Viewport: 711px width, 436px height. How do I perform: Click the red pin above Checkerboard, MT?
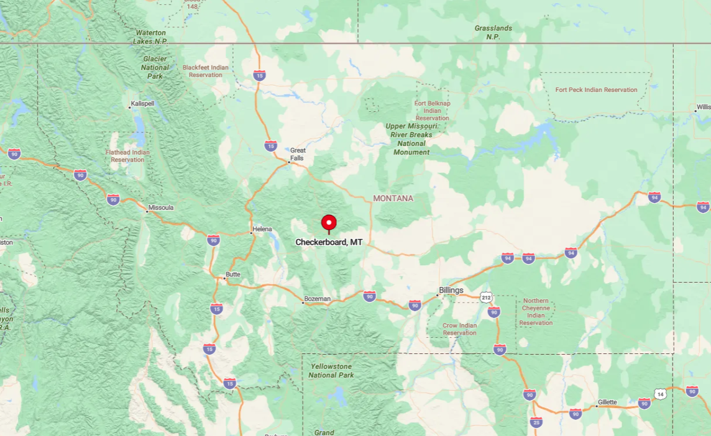click(x=329, y=223)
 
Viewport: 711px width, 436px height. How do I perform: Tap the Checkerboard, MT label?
click(x=329, y=242)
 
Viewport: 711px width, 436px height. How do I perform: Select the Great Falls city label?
click(x=298, y=154)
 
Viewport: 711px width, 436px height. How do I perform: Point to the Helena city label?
click(x=262, y=229)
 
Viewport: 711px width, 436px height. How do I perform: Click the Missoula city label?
click(x=161, y=207)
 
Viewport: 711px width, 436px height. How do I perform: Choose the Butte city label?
click(x=233, y=274)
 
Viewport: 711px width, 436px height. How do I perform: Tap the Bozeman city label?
click(x=318, y=299)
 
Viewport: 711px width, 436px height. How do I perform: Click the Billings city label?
click(x=451, y=290)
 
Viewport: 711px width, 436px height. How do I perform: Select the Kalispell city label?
click(x=142, y=104)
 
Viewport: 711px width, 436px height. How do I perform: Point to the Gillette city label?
click(x=607, y=402)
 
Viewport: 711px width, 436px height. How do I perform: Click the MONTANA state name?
click(x=393, y=198)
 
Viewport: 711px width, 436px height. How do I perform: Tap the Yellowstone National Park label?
click(x=331, y=371)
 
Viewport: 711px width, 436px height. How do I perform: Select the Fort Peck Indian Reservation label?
click(x=596, y=89)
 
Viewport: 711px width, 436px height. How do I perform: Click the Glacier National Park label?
click(x=155, y=68)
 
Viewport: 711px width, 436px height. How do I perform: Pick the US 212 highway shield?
click(x=486, y=298)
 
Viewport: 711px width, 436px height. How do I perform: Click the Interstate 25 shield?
click(x=536, y=422)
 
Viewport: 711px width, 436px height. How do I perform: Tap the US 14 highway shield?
click(x=660, y=394)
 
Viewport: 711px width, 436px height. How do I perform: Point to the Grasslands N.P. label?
click(x=493, y=32)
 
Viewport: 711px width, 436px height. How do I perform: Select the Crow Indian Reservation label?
click(x=459, y=329)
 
